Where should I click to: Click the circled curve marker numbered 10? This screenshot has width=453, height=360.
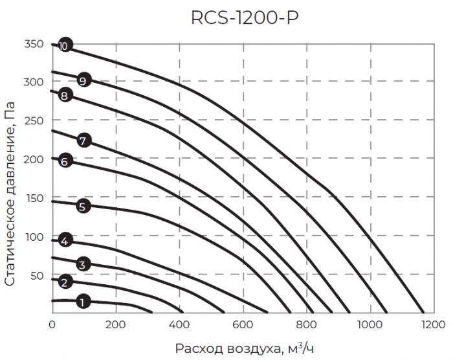coord(63,46)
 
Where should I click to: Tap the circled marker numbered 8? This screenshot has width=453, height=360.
coord(63,96)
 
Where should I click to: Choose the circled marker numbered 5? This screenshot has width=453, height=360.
coord(82,207)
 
